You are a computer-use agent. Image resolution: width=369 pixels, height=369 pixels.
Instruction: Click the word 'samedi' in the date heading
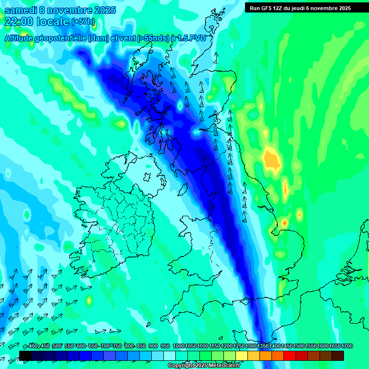click(x=22, y=10)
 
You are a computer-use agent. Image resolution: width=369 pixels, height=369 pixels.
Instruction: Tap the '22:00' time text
click(x=19, y=21)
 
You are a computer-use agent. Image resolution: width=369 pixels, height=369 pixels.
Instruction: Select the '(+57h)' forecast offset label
click(x=83, y=22)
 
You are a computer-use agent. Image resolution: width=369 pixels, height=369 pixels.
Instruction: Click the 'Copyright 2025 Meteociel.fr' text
click(x=204, y=365)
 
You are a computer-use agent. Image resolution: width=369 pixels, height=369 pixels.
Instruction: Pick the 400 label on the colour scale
click(x=33, y=346)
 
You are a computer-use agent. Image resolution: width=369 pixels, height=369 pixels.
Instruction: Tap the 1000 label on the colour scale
click(x=178, y=346)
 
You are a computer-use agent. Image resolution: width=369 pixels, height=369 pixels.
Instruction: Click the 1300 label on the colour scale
click(x=250, y=346)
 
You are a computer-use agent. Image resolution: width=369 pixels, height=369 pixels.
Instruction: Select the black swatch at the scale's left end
click(x=25, y=356)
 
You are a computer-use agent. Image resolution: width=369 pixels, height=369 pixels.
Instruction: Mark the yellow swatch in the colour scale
click(x=242, y=356)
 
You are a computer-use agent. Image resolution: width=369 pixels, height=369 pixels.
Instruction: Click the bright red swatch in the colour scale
click(x=290, y=356)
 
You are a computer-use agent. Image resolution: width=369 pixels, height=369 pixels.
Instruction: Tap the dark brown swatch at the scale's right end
click(x=338, y=356)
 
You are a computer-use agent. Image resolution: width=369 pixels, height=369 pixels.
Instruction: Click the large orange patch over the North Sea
click(x=271, y=160)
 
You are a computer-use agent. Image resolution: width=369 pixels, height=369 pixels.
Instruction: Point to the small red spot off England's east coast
click(x=284, y=223)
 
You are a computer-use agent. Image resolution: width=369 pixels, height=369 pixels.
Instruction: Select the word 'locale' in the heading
click(x=52, y=21)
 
